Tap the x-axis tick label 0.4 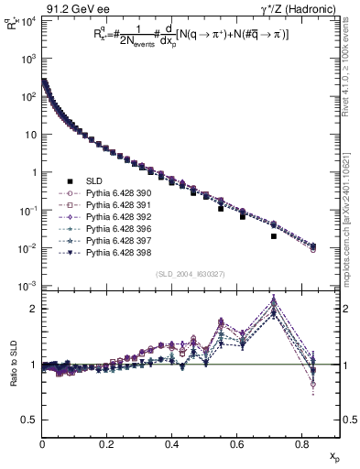(171, 444)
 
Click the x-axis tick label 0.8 (301, 444)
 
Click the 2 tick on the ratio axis (34, 309)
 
